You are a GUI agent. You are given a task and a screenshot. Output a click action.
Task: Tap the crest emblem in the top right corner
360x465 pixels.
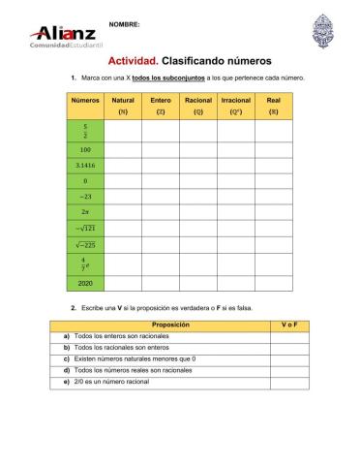(319, 31)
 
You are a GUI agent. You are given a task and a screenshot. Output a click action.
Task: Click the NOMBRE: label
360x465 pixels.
(124, 22)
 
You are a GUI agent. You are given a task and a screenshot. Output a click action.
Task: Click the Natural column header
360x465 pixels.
(123, 105)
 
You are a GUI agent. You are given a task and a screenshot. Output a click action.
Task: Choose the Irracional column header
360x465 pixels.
(236, 105)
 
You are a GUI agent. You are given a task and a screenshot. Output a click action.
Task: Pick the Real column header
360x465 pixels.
(274, 105)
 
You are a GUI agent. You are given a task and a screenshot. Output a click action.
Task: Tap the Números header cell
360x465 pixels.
(85, 100)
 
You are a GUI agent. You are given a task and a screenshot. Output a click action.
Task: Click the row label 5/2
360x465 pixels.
(85, 132)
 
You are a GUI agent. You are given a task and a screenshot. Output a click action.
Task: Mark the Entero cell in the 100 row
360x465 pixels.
(161, 150)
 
